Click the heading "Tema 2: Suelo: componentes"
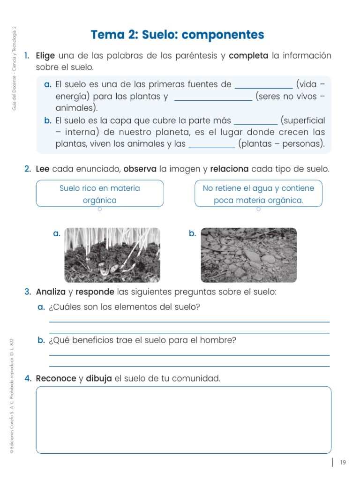click(177, 35)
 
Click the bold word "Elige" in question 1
click(45, 56)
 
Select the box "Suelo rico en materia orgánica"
click(100, 194)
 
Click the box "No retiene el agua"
click(258, 194)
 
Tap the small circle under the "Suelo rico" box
click(100, 210)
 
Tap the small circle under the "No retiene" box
click(258, 210)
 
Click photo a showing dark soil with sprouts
click(112, 255)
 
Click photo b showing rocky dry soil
click(248, 255)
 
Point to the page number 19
click(343, 463)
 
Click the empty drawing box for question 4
click(183, 420)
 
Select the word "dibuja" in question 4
click(99, 378)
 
